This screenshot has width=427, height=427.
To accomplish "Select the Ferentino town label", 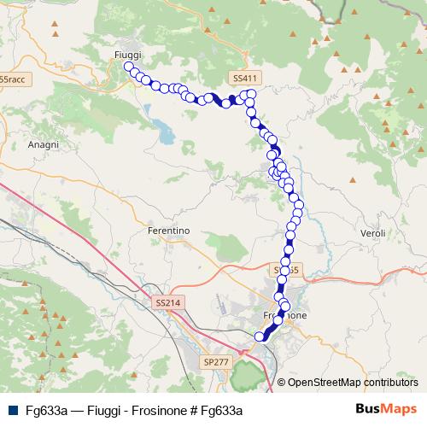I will point(168,230).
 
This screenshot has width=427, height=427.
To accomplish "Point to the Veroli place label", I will point(374,233).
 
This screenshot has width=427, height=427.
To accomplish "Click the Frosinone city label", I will point(281,315).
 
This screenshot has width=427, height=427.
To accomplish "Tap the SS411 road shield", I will point(244,78).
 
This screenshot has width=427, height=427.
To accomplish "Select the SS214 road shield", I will point(168,302).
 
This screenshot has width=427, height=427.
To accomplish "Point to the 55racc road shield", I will point(12,79).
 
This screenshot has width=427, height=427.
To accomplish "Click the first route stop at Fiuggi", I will point(129,67).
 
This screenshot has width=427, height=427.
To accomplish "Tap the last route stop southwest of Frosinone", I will point(260,336).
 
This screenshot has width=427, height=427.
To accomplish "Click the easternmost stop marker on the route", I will point(299,205).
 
